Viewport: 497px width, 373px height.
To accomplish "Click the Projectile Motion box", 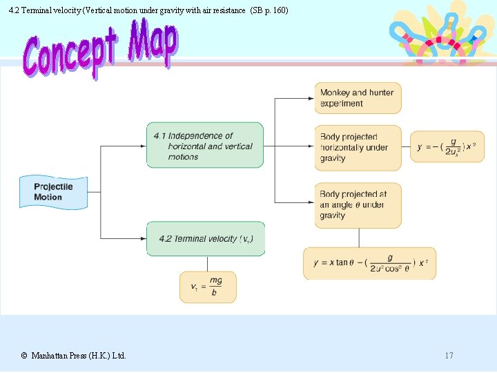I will coord(53,192).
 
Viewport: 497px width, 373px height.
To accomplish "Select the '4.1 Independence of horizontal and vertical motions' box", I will coord(205,145).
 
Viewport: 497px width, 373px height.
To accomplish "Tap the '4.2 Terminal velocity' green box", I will coord(205,238).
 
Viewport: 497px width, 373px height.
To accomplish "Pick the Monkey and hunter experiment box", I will coord(358,98).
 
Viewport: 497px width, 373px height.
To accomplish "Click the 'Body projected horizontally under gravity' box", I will coord(358,147).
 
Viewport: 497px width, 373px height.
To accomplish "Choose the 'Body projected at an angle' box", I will coord(358,205).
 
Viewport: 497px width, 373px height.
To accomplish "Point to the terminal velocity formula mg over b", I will coord(207,286).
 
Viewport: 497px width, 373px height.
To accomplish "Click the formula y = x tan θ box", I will coord(369,263).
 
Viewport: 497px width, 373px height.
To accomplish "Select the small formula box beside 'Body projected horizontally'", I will coord(441,146).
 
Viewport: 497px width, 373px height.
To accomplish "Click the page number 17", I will coord(449,356).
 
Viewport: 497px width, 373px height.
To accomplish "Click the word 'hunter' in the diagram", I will coord(381,93).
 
